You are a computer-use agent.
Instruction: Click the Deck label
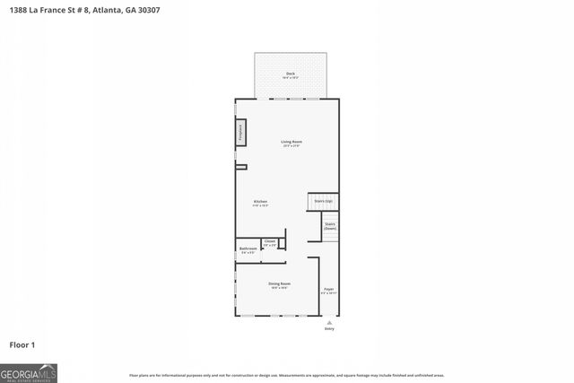[291, 74]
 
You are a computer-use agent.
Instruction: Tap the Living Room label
[291, 141]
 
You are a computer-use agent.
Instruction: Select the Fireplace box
[240, 133]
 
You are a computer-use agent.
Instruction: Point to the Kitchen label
[260, 201]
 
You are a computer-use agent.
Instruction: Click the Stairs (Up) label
[324, 202]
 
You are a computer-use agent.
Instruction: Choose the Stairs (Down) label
[330, 226]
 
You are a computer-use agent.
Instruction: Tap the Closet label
[270, 240]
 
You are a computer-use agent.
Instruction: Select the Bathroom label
[248, 248]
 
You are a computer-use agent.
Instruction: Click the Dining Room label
[279, 283]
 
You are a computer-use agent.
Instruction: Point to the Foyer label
[328, 289]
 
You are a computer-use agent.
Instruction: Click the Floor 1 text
[22, 344]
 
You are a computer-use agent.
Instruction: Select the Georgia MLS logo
[29, 371]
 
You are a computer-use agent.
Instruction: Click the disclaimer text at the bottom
[287, 375]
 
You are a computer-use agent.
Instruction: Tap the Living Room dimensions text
[291, 146]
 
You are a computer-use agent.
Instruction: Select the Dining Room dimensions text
[279, 288]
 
